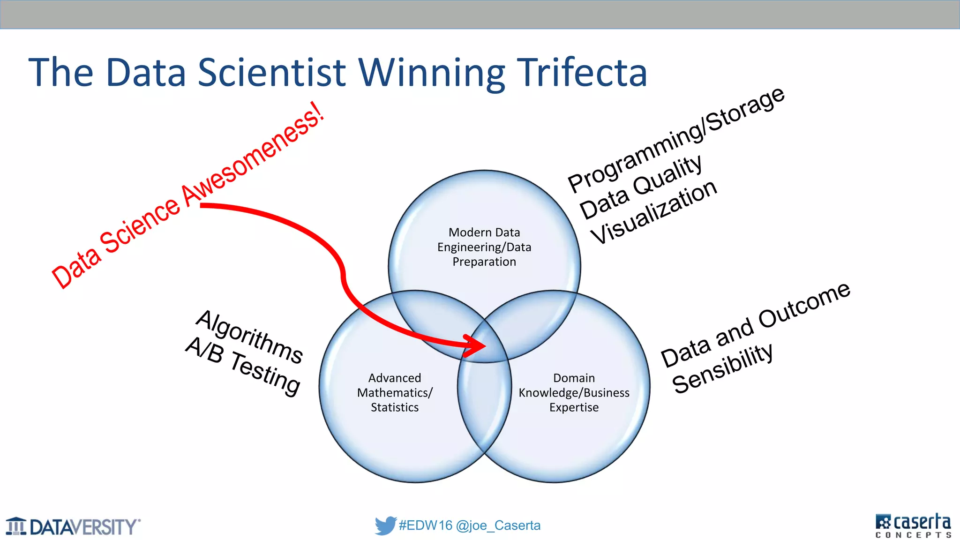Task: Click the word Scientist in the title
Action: point(272,73)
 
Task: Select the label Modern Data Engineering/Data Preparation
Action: point(484,247)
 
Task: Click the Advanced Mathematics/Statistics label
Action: point(395,392)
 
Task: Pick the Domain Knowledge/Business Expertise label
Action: point(574,392)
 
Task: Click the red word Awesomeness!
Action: point(253,155)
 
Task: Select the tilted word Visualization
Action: point(653,212)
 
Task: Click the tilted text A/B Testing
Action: point(243,366)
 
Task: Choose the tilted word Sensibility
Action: point(722,368)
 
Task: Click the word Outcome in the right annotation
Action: point(804,305)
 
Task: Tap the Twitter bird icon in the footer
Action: point(385,525)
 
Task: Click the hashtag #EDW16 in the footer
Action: point(425,525)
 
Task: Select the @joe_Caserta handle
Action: point(498,525)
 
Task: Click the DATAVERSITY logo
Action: point(73,526)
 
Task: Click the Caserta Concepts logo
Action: point(913,525)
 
